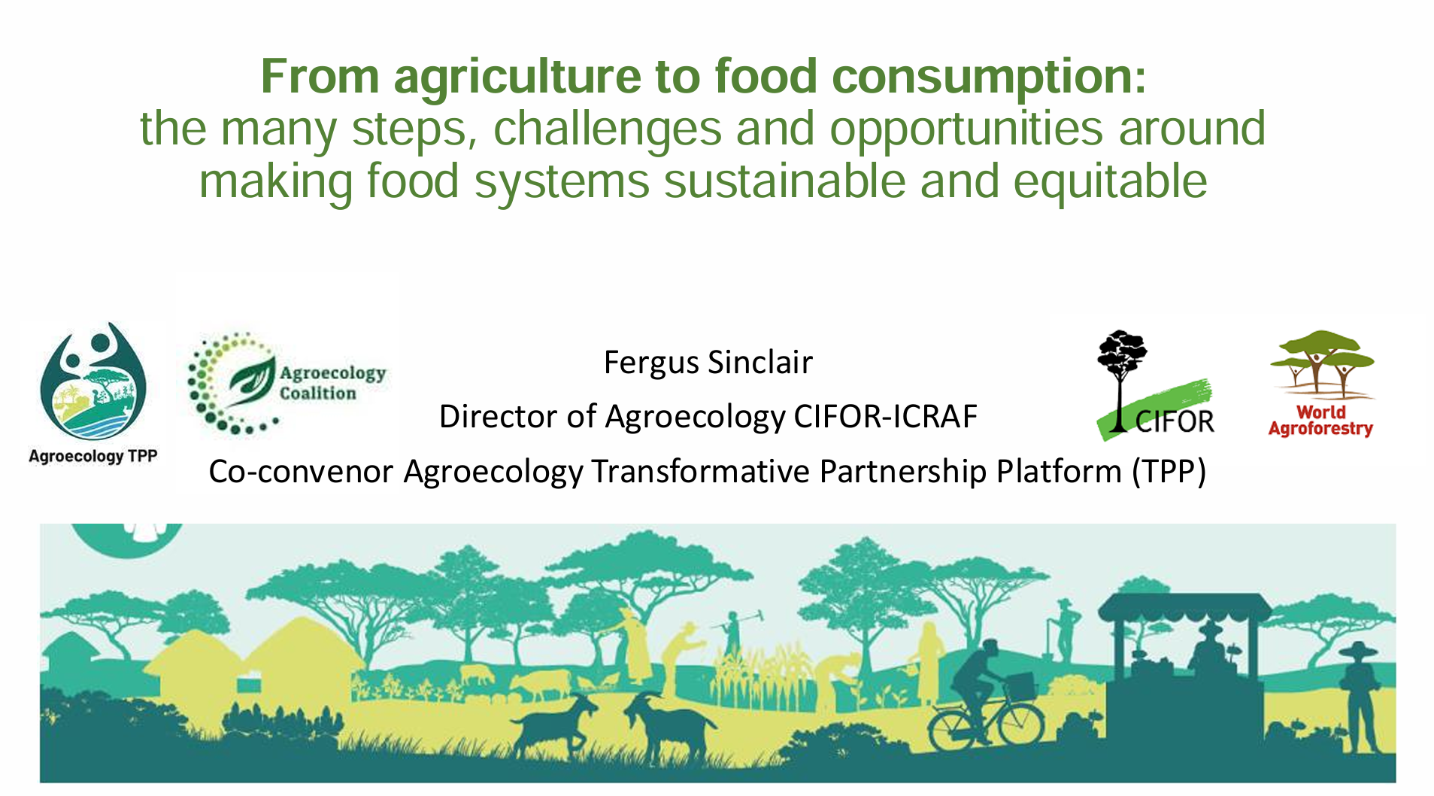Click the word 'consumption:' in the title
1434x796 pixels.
tap(989, 77)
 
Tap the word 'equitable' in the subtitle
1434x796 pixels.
tap(1110, 183)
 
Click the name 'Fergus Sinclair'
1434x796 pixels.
tap(708, 363)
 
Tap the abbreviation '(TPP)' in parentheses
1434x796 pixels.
tap(1169, 472)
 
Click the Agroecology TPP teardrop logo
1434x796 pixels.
tap(93, 381)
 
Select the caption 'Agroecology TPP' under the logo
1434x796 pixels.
tap(93, 456)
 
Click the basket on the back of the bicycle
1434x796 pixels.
tap(1019, 684)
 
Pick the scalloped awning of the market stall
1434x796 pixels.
tap(1184, 608)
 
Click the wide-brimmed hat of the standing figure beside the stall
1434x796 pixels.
tap(1358, 649)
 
